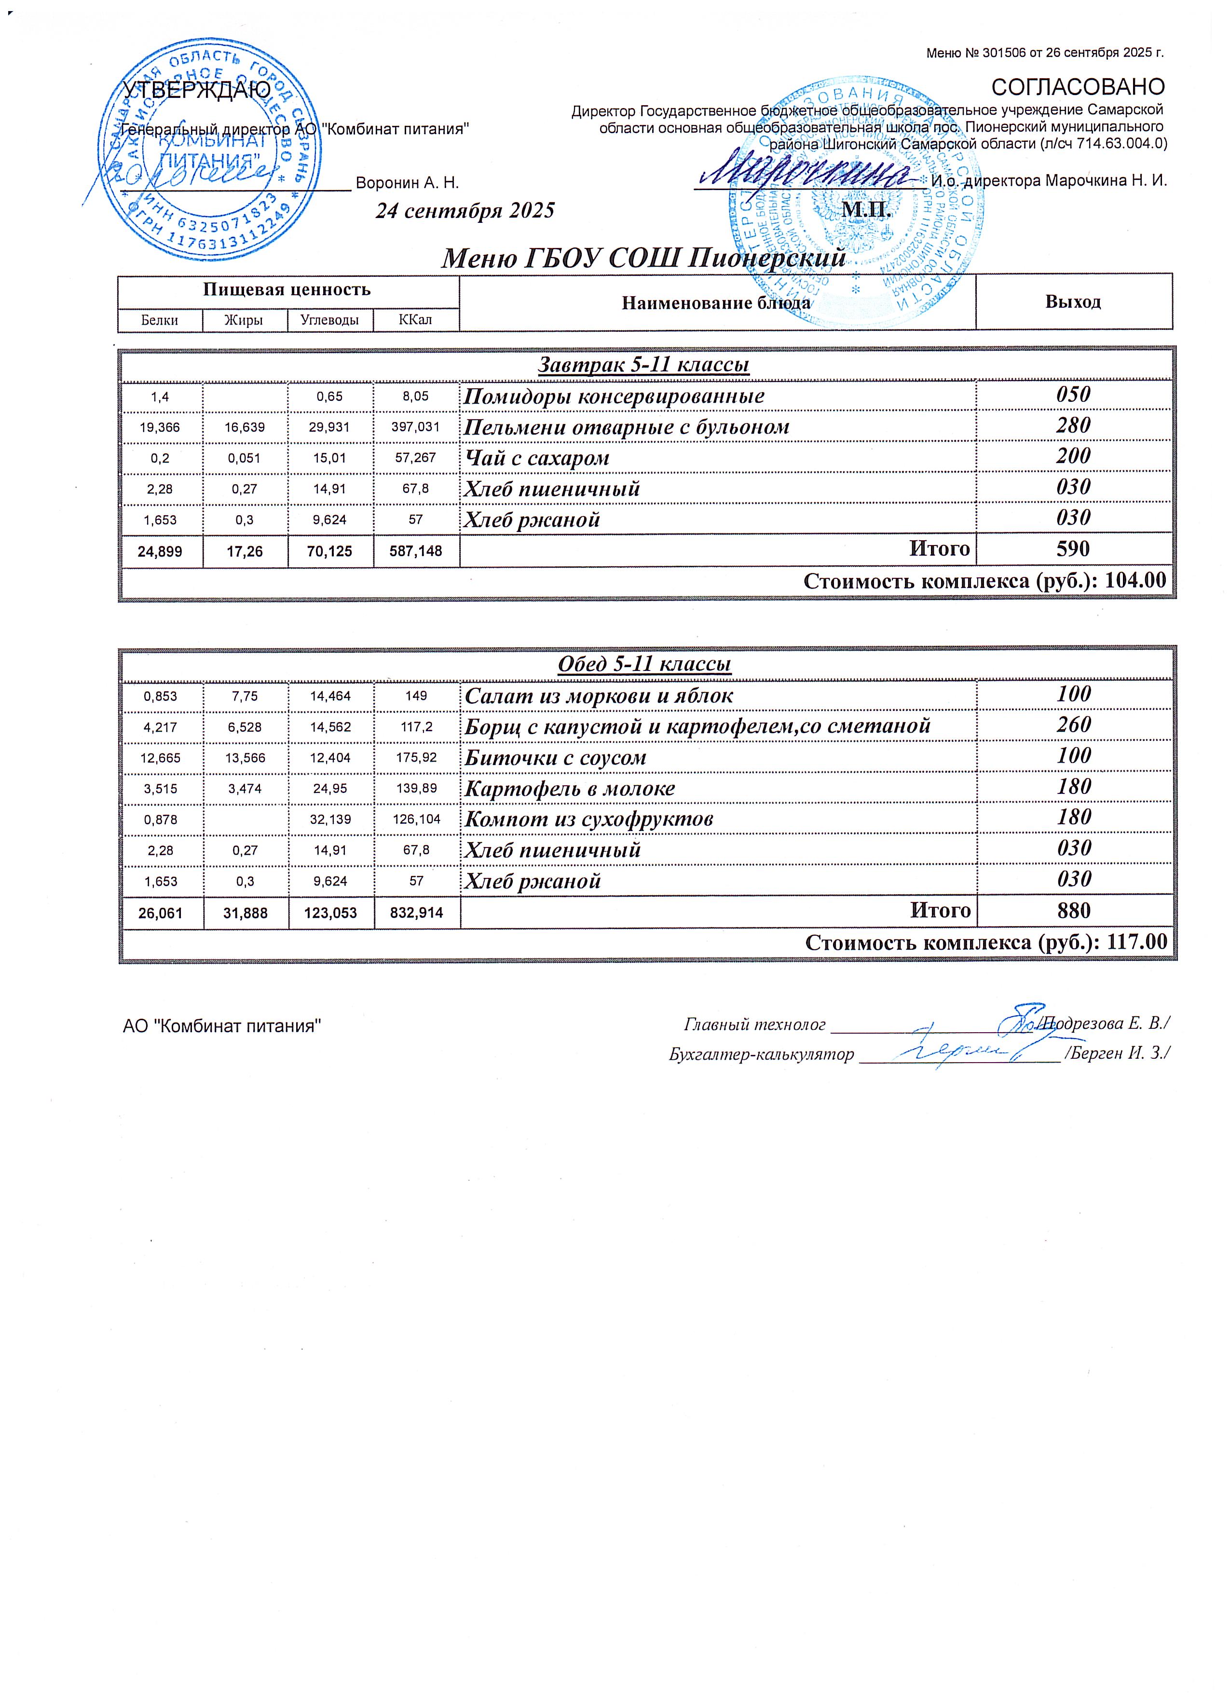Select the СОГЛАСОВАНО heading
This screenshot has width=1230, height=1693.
[1077, 87]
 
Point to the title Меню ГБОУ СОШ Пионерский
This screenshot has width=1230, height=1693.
[643, 258]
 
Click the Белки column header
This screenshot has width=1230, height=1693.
[160, 320]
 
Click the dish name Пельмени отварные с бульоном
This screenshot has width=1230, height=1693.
[626, 427]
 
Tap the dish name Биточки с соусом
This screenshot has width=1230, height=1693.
[555, 757]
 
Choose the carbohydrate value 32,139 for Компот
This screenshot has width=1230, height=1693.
[330, 819]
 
